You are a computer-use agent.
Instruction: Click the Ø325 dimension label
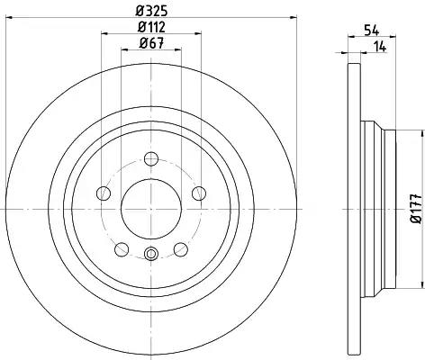[x=151, y=11]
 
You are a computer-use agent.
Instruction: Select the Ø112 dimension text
[x=151, y=27]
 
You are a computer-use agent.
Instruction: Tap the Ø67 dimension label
[x=151, y=44]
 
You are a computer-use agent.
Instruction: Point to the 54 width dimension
[x=372, y=31]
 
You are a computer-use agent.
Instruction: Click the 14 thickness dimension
[x=380, y=47]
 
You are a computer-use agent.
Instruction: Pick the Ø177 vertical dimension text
[x=417, y=209]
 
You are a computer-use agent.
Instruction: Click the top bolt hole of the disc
[x=151, y=158]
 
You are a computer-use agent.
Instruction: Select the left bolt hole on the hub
[x=104, y=193]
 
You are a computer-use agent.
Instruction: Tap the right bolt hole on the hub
[x=199, y=193]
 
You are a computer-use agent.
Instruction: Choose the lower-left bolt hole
[x=122, y=249]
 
